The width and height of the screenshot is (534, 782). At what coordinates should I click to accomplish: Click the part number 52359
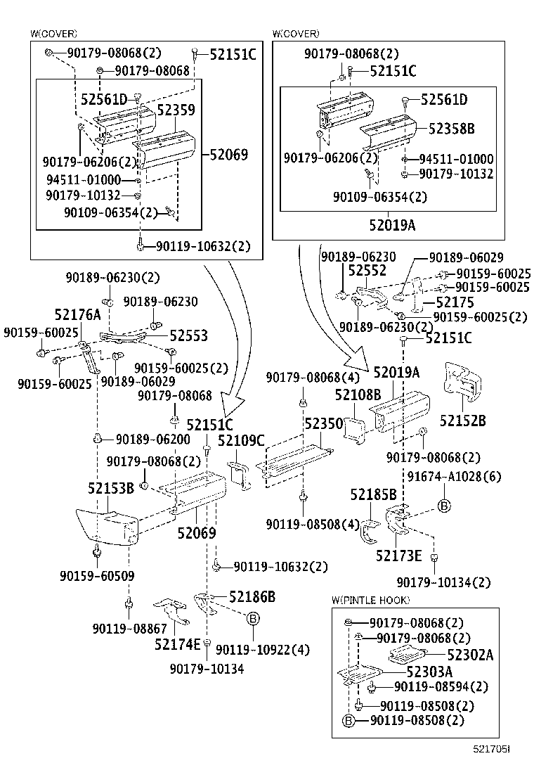(176, 110)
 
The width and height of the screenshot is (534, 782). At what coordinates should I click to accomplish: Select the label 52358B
(452, 129)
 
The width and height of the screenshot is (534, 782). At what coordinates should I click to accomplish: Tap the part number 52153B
(111, 488)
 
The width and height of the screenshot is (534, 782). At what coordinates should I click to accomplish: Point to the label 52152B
(463, 421)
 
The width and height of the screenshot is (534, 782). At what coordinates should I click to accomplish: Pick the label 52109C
(241, 441)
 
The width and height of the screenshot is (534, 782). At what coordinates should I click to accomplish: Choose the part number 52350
(323, 423)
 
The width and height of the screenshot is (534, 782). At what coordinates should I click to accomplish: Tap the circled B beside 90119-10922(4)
(254, 618)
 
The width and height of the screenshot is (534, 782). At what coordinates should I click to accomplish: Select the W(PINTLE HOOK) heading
(370, 600)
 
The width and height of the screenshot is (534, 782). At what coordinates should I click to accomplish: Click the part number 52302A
(470, 655)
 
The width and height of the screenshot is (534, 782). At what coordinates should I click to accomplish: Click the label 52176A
(77, 314)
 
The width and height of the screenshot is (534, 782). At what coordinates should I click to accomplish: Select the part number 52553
(188, 336)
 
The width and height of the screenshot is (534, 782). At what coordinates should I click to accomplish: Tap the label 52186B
(252, 597)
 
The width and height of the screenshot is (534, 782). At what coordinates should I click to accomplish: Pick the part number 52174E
(178, 643)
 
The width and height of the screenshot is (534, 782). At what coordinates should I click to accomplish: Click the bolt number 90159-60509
(97, 576)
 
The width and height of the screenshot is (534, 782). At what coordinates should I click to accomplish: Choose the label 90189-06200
(152, 439)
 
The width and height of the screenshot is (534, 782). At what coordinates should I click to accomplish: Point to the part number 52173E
(398, 556)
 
